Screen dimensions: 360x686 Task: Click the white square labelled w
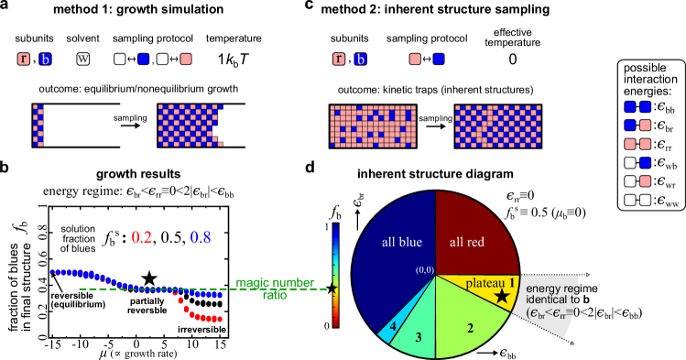82,60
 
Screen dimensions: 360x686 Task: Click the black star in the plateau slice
501,296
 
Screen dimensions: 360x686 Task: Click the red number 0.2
141,238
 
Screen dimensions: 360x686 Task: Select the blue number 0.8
201,238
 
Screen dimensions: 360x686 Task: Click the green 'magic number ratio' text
275,289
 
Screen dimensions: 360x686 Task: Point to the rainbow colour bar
335,275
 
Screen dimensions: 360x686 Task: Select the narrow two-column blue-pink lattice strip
38,125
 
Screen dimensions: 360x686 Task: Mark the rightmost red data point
221,319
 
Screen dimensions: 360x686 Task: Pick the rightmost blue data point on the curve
221,295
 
